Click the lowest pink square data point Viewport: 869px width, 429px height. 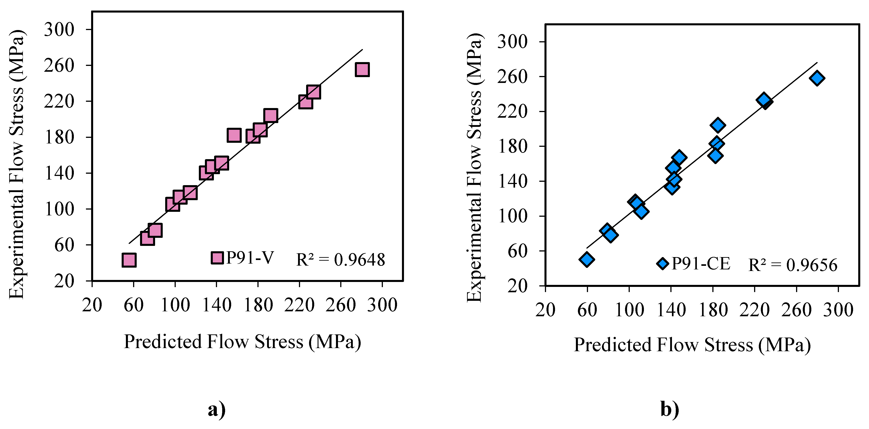point(129,260)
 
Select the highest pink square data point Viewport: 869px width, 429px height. point(362,69)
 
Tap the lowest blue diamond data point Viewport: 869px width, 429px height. point(587,259)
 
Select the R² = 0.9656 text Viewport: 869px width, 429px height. point(793,265)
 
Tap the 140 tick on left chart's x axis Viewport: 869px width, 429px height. point(217,305)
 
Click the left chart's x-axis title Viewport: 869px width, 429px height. point(243,342)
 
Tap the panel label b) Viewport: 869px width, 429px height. point(670,410)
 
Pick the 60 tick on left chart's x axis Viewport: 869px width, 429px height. point(134,305)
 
